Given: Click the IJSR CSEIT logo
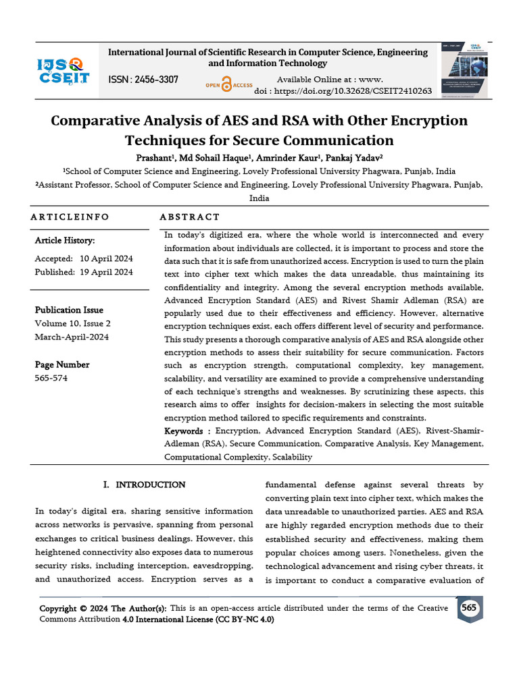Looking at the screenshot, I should (x=62, y=71).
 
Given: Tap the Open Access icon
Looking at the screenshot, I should (x=228, y=86).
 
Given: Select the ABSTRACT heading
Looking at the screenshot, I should (x=189, y=217).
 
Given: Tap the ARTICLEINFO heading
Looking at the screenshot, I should (x=70, y=217).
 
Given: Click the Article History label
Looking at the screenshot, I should (x=65, y=240).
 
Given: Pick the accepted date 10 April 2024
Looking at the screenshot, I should (x=106, y=258).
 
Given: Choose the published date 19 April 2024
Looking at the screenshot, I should (x=106, y=272).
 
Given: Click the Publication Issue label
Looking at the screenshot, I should (x=69, y=310).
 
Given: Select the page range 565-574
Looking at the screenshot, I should (x=51, y=378).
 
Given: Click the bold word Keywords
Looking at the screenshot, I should (x=184, y=431).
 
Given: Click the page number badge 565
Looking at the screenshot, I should (x=468, y=608).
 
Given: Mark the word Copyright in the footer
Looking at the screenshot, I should (x=62, y=608).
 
